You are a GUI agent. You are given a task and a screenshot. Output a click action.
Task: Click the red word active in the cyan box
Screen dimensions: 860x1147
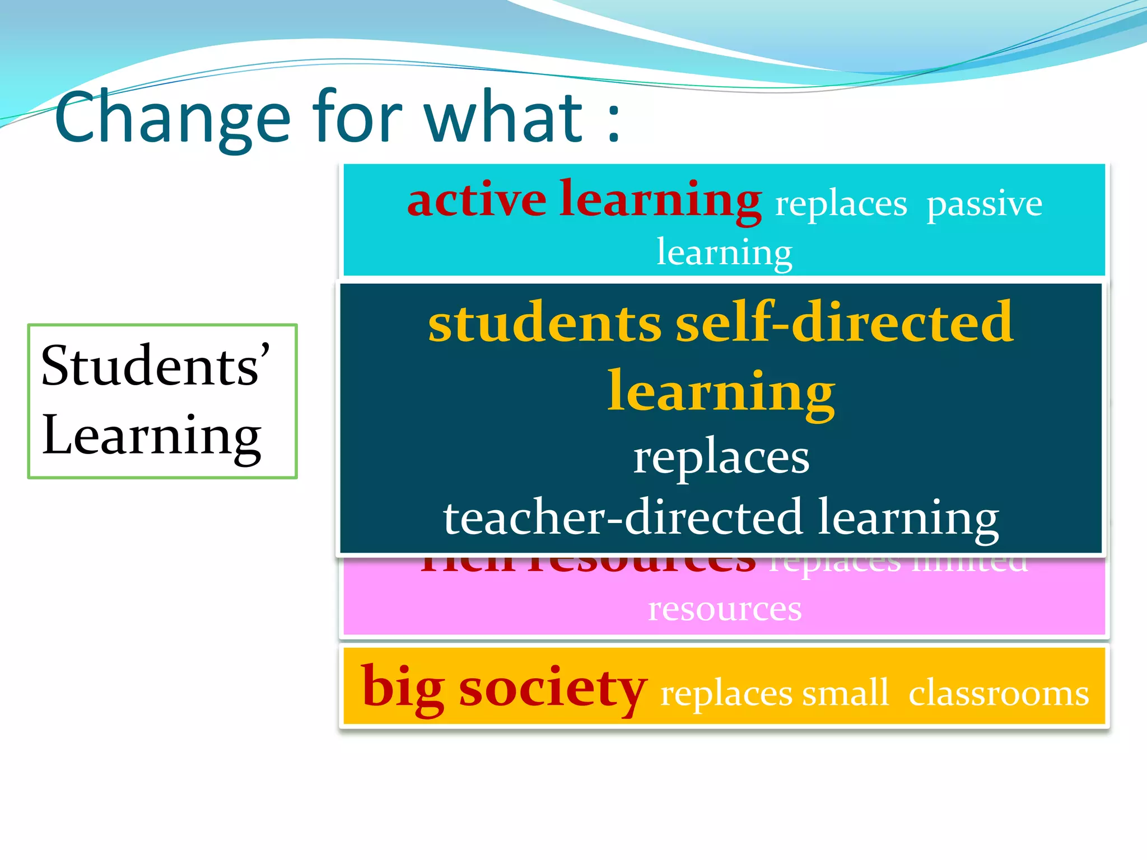coord(477,200)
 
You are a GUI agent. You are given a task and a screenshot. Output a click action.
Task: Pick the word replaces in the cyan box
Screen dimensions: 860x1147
coord(841,204)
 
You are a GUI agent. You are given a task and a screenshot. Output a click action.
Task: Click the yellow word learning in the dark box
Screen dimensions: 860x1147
coord(721,393)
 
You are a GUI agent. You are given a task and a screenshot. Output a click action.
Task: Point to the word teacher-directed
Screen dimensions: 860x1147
coord(623,518)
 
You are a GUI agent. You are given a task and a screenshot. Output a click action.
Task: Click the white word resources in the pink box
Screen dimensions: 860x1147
coord(725,609)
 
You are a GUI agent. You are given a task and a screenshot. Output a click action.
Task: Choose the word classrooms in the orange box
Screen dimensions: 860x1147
coord(998,693)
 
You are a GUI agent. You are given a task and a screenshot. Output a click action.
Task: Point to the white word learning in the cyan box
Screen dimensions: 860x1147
coord(724,253)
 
